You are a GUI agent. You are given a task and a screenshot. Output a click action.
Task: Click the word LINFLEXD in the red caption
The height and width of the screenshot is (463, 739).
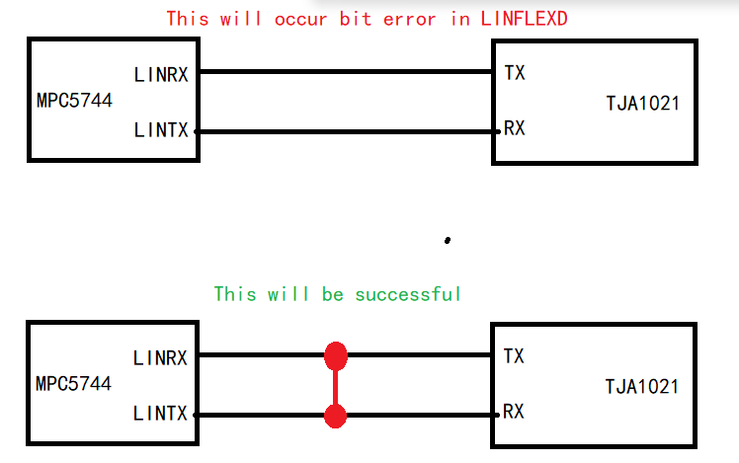coord(524,18)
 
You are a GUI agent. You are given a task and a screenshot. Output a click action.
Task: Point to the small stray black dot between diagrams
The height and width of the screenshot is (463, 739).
coord(448,240)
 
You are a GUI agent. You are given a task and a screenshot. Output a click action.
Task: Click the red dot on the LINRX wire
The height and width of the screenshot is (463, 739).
coord(336,354)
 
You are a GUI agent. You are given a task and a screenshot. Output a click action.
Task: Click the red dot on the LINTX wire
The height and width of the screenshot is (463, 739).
coord(336,416)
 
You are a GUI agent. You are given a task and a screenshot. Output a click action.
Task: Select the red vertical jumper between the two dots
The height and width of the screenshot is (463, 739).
coord(336,385)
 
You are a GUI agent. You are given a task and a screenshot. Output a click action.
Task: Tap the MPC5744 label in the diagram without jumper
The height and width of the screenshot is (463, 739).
coord(74,101)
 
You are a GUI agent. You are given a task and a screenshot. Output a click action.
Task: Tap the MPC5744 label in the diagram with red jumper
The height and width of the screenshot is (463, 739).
coord(74,383)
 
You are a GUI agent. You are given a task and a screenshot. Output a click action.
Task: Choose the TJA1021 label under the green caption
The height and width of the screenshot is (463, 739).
coord(642,386)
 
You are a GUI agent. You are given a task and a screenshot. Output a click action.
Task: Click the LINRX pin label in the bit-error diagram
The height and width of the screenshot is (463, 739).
coord(160,74)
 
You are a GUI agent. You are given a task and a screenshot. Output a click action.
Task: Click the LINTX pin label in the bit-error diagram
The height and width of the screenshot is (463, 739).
coord(160,130)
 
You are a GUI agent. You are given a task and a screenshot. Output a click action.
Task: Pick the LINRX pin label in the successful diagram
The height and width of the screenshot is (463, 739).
coord(160,357)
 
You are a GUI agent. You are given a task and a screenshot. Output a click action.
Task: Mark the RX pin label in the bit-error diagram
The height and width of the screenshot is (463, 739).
coord(514,129)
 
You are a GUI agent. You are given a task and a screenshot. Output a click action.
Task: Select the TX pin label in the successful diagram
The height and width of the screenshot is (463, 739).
coord(514,354)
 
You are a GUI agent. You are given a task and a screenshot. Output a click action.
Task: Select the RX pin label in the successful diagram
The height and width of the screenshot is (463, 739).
coord(514,412)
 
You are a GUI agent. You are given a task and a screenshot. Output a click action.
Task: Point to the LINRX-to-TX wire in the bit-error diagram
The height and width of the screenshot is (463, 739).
coord(346,72)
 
